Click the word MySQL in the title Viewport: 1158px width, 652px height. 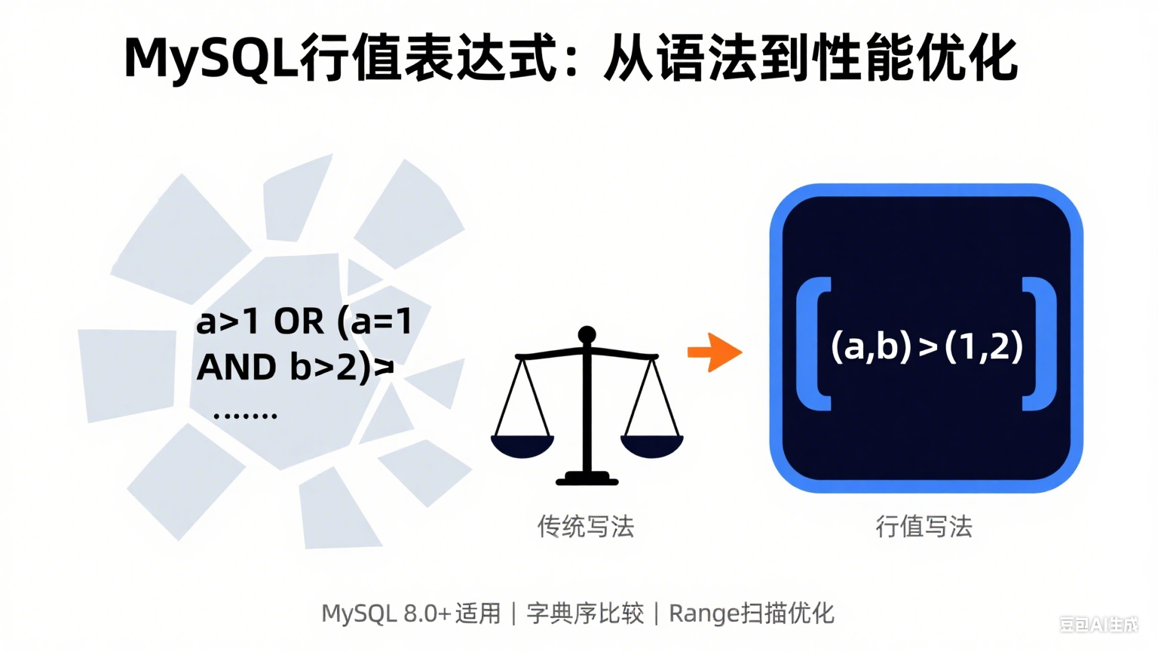(x=212, y=58)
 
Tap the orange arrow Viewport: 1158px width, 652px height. (x=715, y=352)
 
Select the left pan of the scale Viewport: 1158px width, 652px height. (x=522, y=447)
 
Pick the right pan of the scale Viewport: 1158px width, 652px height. (x=652, y=447)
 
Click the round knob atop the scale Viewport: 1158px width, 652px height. (x=587, y=335)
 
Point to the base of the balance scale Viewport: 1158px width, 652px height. (x=587, y=478)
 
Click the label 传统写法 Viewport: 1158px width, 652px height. (x=586, y=527)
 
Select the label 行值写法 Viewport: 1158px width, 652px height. (x=924, y=527)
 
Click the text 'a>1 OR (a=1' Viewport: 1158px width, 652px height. (x=304, y=322)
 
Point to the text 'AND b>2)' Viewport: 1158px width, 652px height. (x=283, y=368)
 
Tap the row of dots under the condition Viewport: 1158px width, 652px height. (x=245, y=416)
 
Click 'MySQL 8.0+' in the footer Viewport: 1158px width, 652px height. (x=386, y=614)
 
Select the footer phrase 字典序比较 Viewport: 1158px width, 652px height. (x=585, y=614)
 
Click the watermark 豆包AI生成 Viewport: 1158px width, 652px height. (x=1099, y=625)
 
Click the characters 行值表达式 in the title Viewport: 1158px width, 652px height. (x=428, y=58)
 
